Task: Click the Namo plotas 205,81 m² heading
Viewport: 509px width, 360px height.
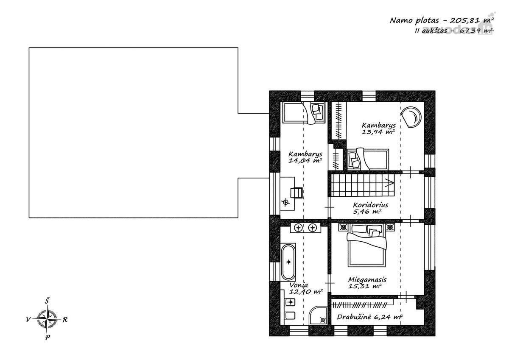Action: click(442, 20)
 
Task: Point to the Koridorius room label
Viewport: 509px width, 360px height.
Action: click(371, 205)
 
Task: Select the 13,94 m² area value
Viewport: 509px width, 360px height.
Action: click(378, 132)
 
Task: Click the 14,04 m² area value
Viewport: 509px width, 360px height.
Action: click(305, 161)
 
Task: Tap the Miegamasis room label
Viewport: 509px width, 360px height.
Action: click(367, 279)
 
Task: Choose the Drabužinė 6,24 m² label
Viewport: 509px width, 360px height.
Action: click(370, 317)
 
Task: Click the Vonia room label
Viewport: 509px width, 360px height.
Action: click(299, 285)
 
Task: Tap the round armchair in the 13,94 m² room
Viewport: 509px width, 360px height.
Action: click(411, 117)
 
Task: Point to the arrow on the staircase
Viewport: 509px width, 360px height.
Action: click(389, 182)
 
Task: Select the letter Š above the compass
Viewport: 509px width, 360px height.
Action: click(47, 301)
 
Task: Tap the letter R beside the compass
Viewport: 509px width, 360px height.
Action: click(65, 320)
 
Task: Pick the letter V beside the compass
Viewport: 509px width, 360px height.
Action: click(28, 320)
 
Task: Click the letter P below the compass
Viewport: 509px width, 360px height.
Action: click(48, 338)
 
